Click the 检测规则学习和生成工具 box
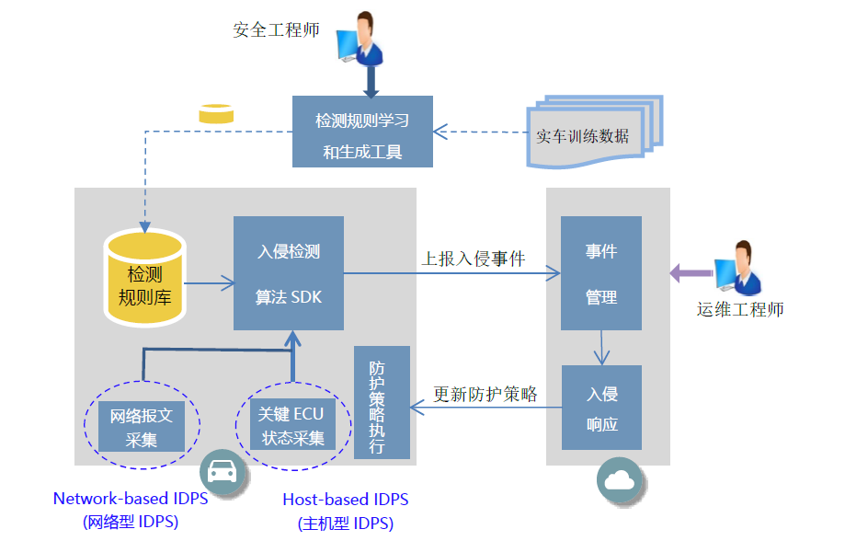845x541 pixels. (362, 132)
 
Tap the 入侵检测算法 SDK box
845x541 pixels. (288, 273)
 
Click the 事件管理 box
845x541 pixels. (601, 273)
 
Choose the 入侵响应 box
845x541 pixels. (601, 408)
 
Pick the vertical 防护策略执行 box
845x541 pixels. (376, 403)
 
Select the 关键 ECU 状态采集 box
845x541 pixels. (292, 425)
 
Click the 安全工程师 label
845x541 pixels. (276, 30)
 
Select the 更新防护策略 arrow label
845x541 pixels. (485, 396)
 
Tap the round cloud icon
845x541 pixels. (619, 479)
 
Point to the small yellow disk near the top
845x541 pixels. (217, 113)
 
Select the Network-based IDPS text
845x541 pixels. (130, 500)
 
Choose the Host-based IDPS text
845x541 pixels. (345, 501)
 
